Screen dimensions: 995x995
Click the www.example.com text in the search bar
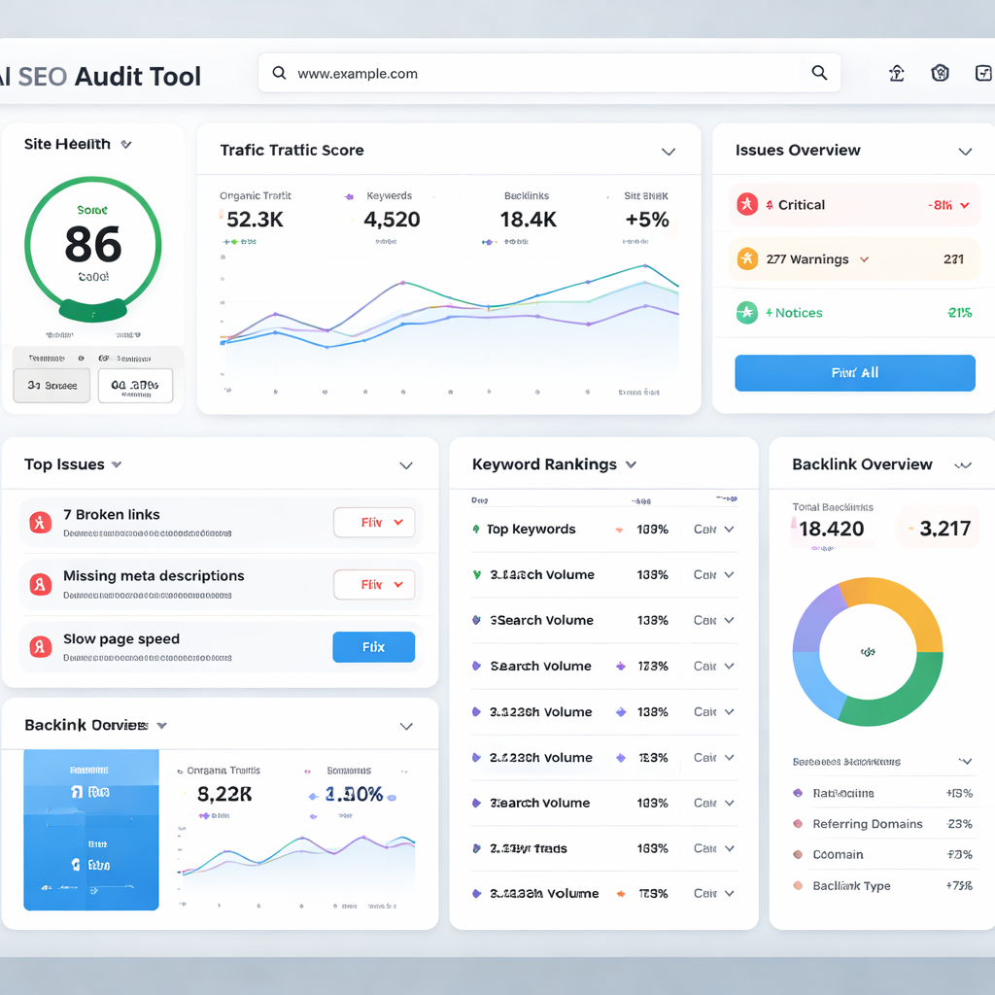coord(358,73)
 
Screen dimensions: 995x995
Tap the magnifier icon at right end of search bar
coord(819,73)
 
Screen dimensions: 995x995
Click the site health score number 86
coord(93,244)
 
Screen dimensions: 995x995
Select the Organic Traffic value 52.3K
coord(255,220)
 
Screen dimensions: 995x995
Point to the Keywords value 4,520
coord(392,220)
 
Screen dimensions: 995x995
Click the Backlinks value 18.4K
coord(529,220)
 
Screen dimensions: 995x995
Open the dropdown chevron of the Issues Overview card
coord(965,152)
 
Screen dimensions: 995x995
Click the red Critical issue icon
coord(746,205)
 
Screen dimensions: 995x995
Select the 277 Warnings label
coord(807,259)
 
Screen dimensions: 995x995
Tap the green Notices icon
coord(746,313)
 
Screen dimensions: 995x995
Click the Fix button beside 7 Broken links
coord(374,523)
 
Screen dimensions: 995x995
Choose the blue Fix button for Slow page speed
coord(374,647)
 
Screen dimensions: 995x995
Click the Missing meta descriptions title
coord(154,576)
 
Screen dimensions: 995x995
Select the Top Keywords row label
coord(531,530)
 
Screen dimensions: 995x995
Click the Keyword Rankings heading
coord(544,464)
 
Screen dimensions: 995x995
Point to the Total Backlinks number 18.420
coord(831,529)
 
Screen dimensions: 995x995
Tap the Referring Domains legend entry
coord(868,824)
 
